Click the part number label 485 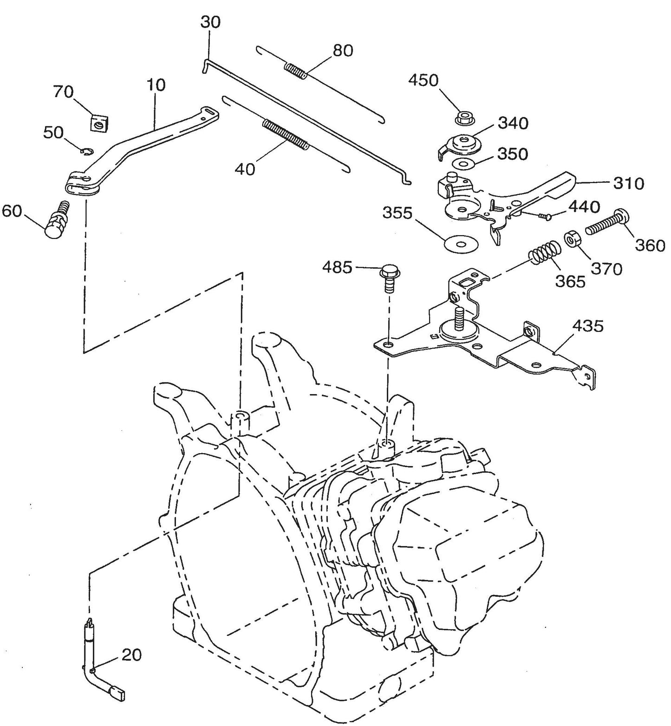[337, 267]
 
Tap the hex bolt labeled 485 [390, 277]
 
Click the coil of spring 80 [295, 71]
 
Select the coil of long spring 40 [285, 135]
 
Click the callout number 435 [587, 326]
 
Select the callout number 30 [211, 22]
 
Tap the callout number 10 [156, 85]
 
